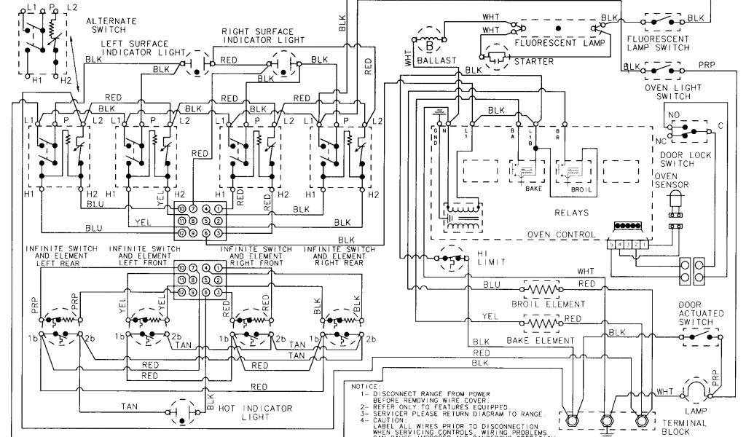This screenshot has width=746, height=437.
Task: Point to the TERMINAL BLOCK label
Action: click(682, 427)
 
